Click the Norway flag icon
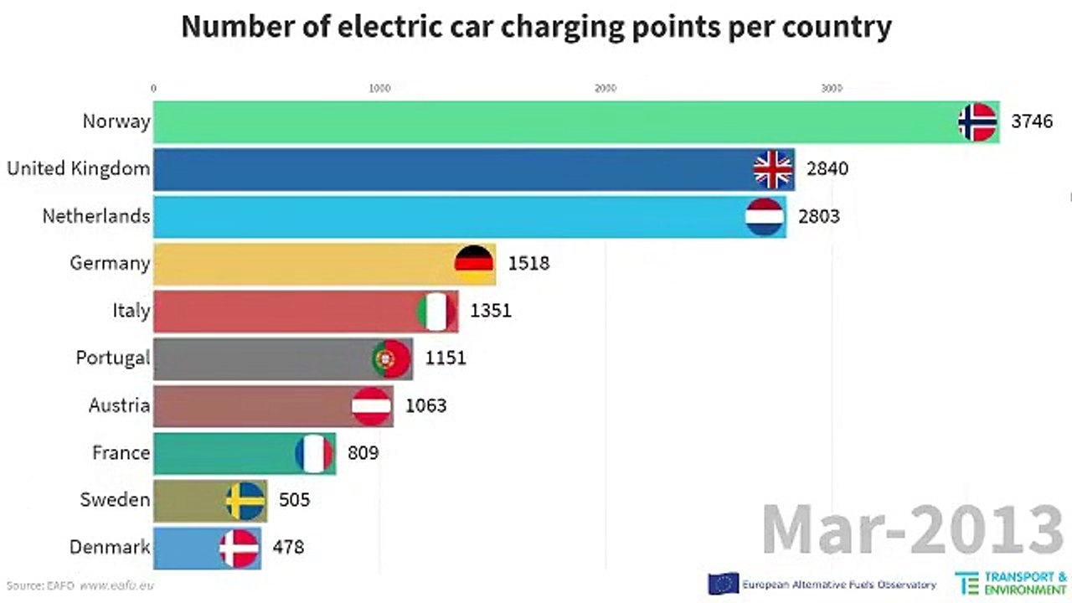coord(977,122)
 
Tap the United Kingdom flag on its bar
coord(773,170)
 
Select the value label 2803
coord(819,217)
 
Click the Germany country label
coord(110,263)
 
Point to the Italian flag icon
coord(436,312)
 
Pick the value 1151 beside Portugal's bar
coord(445,358)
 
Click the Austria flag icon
coord(371,406)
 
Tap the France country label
coord(121,453)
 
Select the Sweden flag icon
coord(245,501)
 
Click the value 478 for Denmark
coord(288,548)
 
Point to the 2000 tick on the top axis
coord(605,88)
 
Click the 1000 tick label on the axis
coord(379,88)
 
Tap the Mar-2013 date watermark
coord(913,530)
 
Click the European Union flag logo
coord(723,584)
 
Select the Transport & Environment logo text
coord(1025,584)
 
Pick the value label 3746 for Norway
coord(1031,122)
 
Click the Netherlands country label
coord(96,216)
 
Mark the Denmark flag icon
coord(239,549)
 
